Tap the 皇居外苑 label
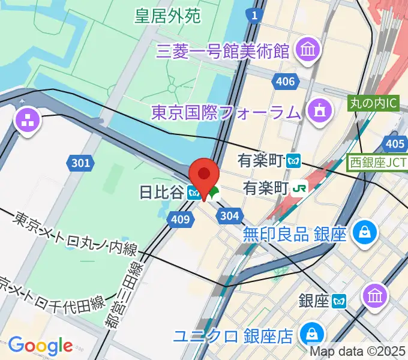coord(167,16)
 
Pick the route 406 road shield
coord(284,82)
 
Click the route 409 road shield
coord(182,220)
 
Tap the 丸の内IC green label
coord(373,103)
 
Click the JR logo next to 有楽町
coord(299,188)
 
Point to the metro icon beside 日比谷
coord(193,193)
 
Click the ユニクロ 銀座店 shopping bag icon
coord(312,333)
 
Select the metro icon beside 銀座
coord(341,300)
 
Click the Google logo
coord(40,345)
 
